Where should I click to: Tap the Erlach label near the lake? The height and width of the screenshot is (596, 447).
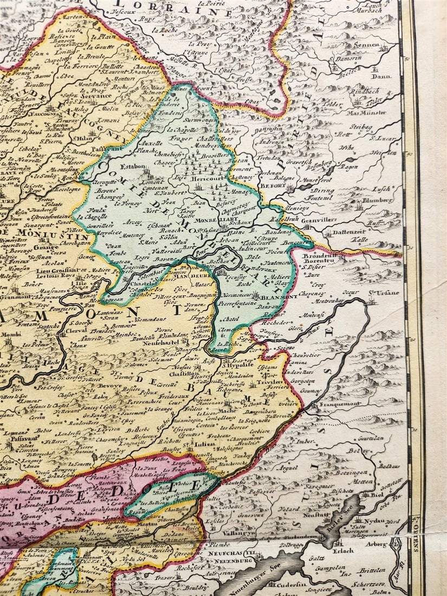344,550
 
